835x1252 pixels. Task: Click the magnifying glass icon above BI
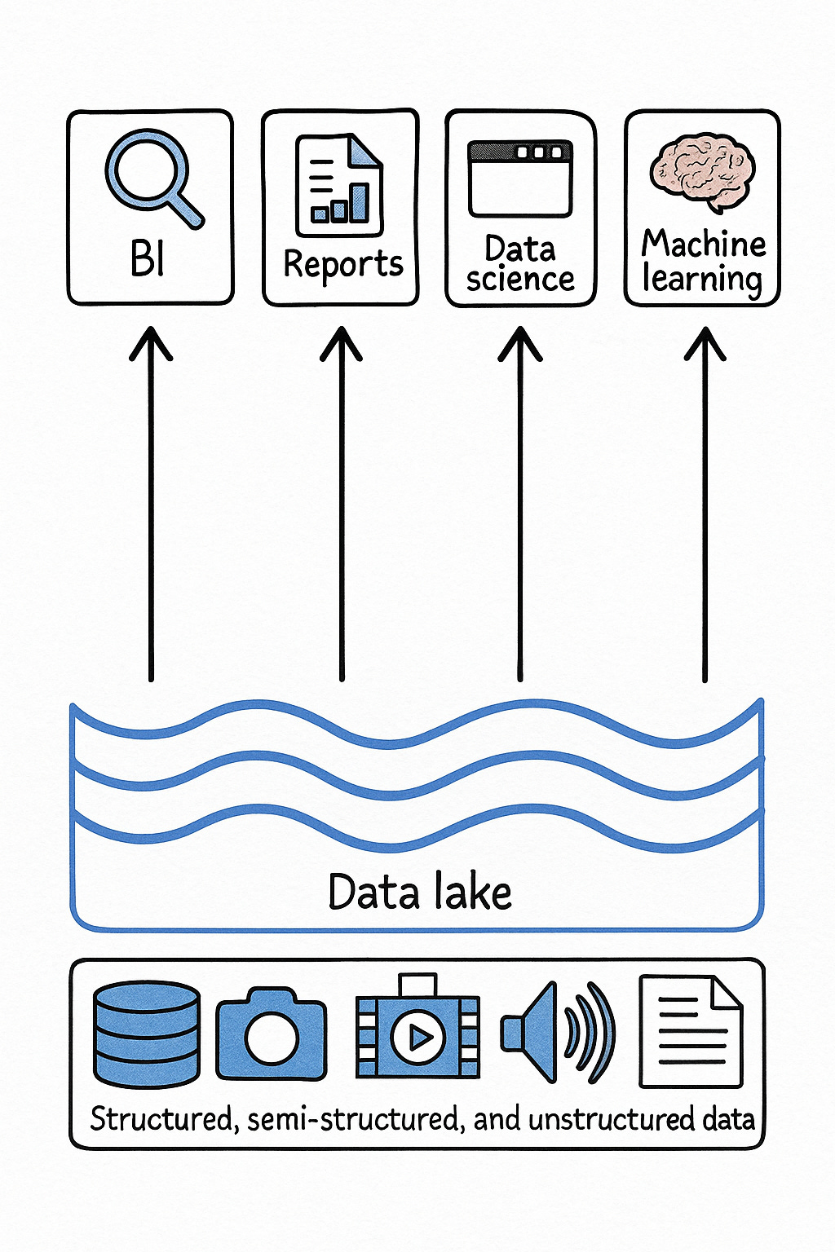pos(150,177)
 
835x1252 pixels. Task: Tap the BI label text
pos(148,259)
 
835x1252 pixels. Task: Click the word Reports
pos(343,264)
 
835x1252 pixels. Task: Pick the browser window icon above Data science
pos(520,179)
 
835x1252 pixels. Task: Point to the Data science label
pos(520,263)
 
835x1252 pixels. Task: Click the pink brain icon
pos(702,172)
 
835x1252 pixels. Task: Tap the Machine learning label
pos(703,261)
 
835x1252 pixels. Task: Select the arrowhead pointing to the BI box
pos(151,342)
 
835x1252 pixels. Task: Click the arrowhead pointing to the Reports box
pos(341,342)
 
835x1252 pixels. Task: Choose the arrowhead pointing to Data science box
pos(520,342)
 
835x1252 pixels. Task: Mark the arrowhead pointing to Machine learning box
pos(705,342)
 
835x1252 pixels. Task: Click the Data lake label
pos(419,892)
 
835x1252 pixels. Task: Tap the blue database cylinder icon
pos(147,1035)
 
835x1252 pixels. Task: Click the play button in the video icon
pos(418,1038)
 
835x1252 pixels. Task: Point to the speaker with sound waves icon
pos(558,1033)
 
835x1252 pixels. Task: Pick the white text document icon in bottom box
pos(691,1032)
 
